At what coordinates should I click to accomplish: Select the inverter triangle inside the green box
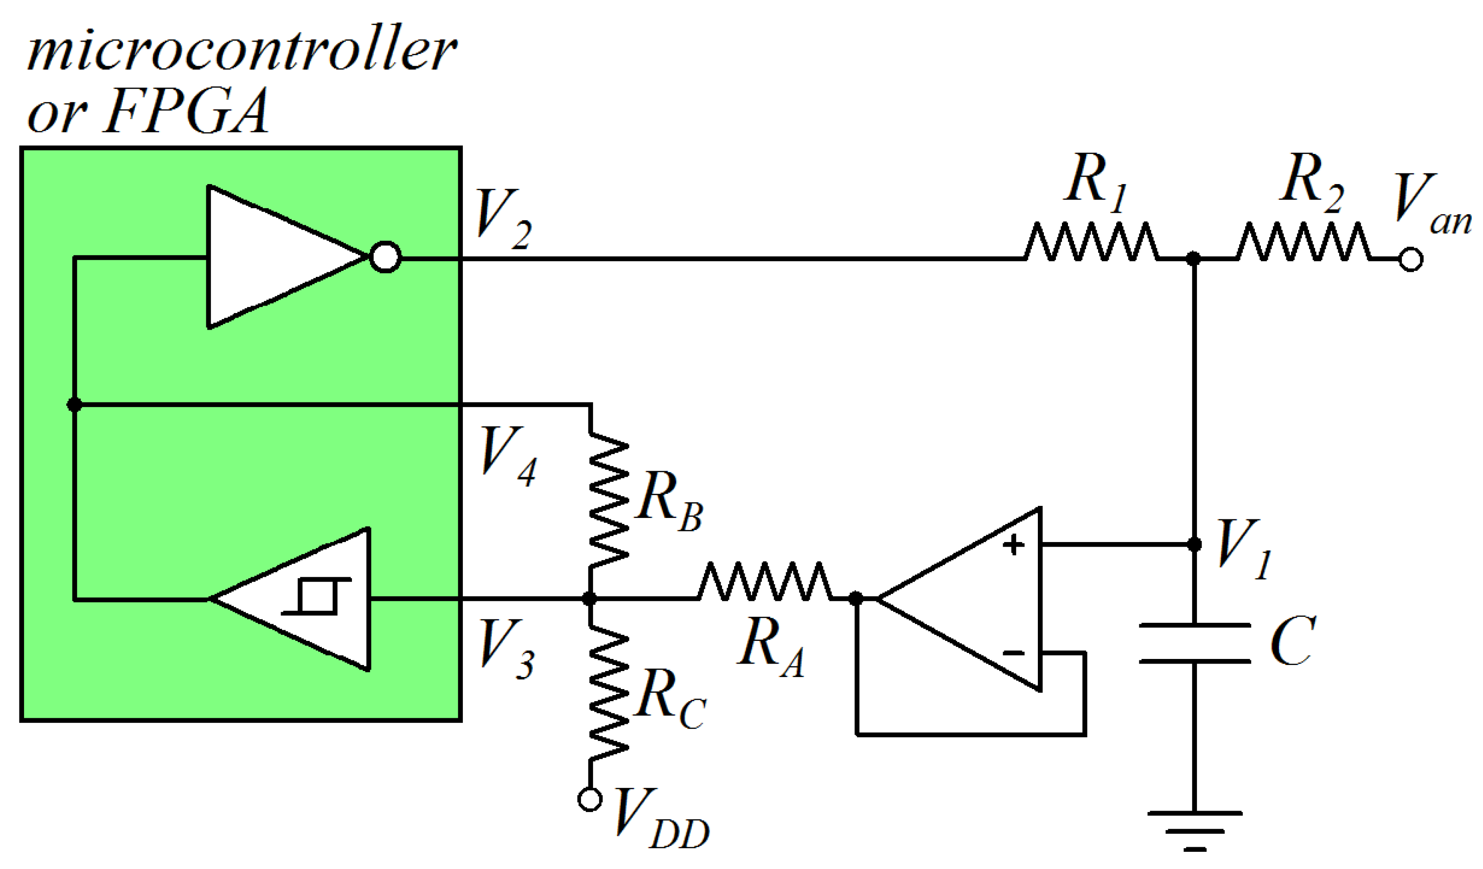(276, 257)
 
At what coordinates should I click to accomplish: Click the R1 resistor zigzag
(1092, 242)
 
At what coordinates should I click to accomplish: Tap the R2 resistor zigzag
(1304, 242)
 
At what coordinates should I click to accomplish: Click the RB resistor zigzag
(608, 500)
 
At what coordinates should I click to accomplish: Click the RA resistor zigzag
(765, 581)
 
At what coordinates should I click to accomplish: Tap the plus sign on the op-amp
(1013, 545)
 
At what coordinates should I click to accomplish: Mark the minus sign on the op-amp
(1013, 652)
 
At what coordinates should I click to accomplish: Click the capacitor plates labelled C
(1195, 644)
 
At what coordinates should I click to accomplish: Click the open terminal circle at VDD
(590, 799)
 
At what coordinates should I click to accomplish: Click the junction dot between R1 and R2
(1193, 258)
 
